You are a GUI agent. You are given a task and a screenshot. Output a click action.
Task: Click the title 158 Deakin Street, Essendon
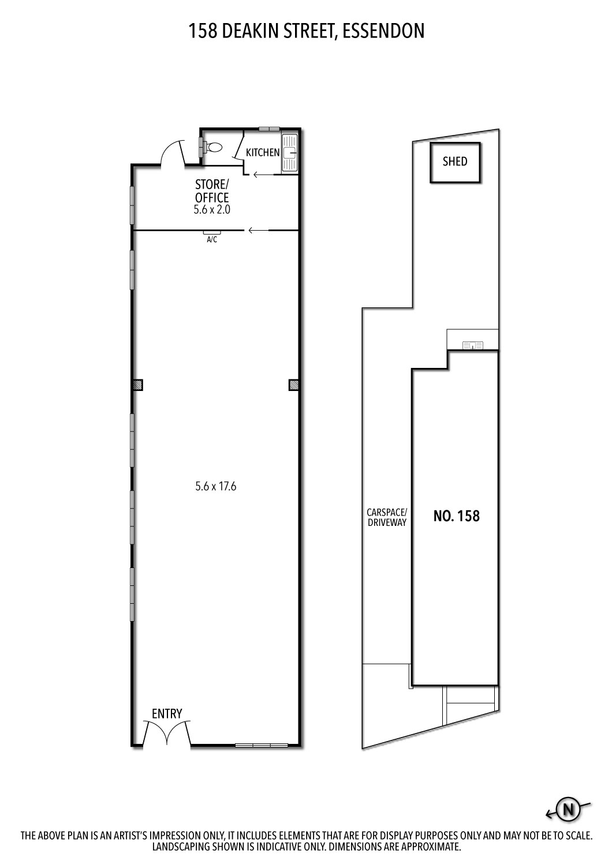pyautogui.click(x=306, y=31)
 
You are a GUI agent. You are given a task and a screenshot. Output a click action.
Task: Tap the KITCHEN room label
pyautogui.click(x=263, y=153)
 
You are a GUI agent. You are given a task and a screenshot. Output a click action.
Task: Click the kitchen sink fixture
pyautogui.click(x=289, y=153)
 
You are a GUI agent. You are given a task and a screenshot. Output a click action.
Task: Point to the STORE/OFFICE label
pyautogui.click(x=212, y=191)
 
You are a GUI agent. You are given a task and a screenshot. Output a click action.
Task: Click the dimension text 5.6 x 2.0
pyautogui.click(x=212, y=210)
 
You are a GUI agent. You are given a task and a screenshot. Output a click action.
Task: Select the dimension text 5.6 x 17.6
pyautogui.click(x=216, y=486)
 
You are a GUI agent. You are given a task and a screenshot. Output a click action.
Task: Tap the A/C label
pyautogui.click(x=212, y=240)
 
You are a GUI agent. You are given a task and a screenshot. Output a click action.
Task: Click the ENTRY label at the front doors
pyautogui.click(x=167, y=713)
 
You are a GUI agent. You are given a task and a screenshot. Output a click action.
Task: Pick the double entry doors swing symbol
pyautogui.click(x=167, y=734)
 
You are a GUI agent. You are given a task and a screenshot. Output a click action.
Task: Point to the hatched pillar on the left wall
pyautogui.click(x=137, y=385)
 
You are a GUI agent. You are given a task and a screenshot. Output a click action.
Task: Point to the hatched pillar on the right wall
pyautogui.click(x=293, y=385)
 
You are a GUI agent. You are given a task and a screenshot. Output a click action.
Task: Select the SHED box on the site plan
pyautogui.click(x=455, y=162)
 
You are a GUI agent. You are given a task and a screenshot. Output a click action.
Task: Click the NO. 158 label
pyautogui.click(x=456, y=516)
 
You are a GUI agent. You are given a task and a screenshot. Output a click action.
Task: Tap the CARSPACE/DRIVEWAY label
pyautogui.click(x=387, y=517)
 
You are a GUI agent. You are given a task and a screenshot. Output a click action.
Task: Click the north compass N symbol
pyautogui.click(x=568, y=810)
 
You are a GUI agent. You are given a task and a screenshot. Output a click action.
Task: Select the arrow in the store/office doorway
pyautogui.click(x=258, y=231)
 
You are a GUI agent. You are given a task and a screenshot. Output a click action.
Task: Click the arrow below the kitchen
pyautogui.click(x=263, y=174)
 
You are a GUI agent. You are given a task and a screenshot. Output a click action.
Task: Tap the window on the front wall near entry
pyautogui.click(x=262, y=745)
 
